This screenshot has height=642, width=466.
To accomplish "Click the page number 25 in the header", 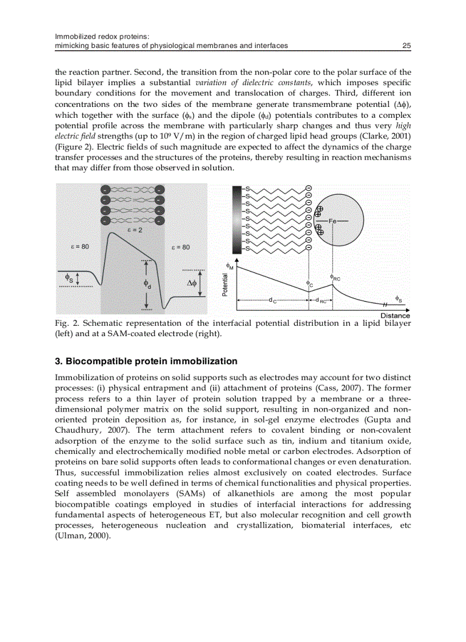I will click(407, 46).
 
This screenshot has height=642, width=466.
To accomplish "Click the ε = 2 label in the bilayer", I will click(134, 230).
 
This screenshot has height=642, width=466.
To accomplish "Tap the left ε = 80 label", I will click(79, 246).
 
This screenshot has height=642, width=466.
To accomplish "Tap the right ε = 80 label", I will click(180, 247).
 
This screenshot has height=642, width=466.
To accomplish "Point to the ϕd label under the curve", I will click(148, 284).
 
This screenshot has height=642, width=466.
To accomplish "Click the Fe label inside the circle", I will click(333, 220).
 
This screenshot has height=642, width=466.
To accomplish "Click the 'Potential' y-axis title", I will click(226, 284).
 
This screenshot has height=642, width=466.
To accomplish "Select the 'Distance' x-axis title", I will click(395, 316).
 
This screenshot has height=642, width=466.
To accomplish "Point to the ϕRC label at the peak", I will click(335, 277).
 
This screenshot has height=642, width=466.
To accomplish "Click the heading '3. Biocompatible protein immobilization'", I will click(146, 361).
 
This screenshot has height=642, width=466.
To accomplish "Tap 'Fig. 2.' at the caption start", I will click(66, 323).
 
